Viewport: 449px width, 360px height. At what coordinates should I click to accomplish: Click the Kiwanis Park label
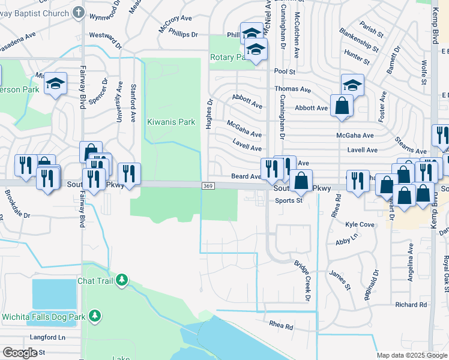tap(171, 122)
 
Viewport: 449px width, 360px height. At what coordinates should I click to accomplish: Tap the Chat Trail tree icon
tap(122, 280)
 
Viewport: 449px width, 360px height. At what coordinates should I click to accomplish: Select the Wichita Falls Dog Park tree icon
tap(94, 315)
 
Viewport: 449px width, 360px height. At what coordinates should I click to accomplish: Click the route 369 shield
tap(206, 186)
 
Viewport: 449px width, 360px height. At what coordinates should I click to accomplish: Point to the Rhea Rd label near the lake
tap(281, 327)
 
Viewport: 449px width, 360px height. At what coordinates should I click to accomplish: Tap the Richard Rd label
tap(411, 305)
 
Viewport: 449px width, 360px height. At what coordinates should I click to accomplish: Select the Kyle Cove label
tap(360, 224)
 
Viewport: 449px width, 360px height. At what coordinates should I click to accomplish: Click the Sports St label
tap(289, 201)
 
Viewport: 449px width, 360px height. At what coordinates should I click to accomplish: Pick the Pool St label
tap(285, 71)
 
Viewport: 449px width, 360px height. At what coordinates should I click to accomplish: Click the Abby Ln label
tap(347, 241)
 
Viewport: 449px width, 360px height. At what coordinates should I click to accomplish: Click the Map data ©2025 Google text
tap(412, 355)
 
